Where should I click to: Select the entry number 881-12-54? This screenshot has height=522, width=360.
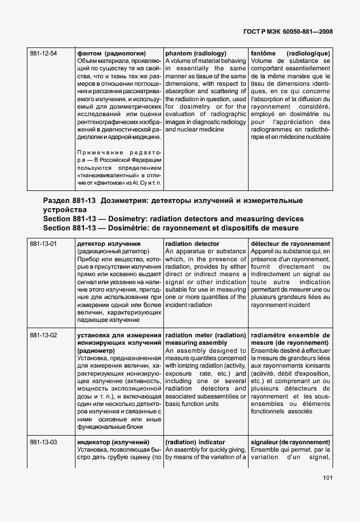tap(43, 53)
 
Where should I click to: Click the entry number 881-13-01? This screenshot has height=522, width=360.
tap(43, 244)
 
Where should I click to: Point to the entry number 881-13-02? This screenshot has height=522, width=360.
tap(43, 335)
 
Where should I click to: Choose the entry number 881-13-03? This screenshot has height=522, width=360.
tap(43, 442)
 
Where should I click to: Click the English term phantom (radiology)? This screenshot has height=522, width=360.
tap(196, 53)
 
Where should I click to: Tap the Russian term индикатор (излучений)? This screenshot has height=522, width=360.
tap(113, 442)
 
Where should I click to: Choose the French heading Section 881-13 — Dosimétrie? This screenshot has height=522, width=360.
tap(171, 228)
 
